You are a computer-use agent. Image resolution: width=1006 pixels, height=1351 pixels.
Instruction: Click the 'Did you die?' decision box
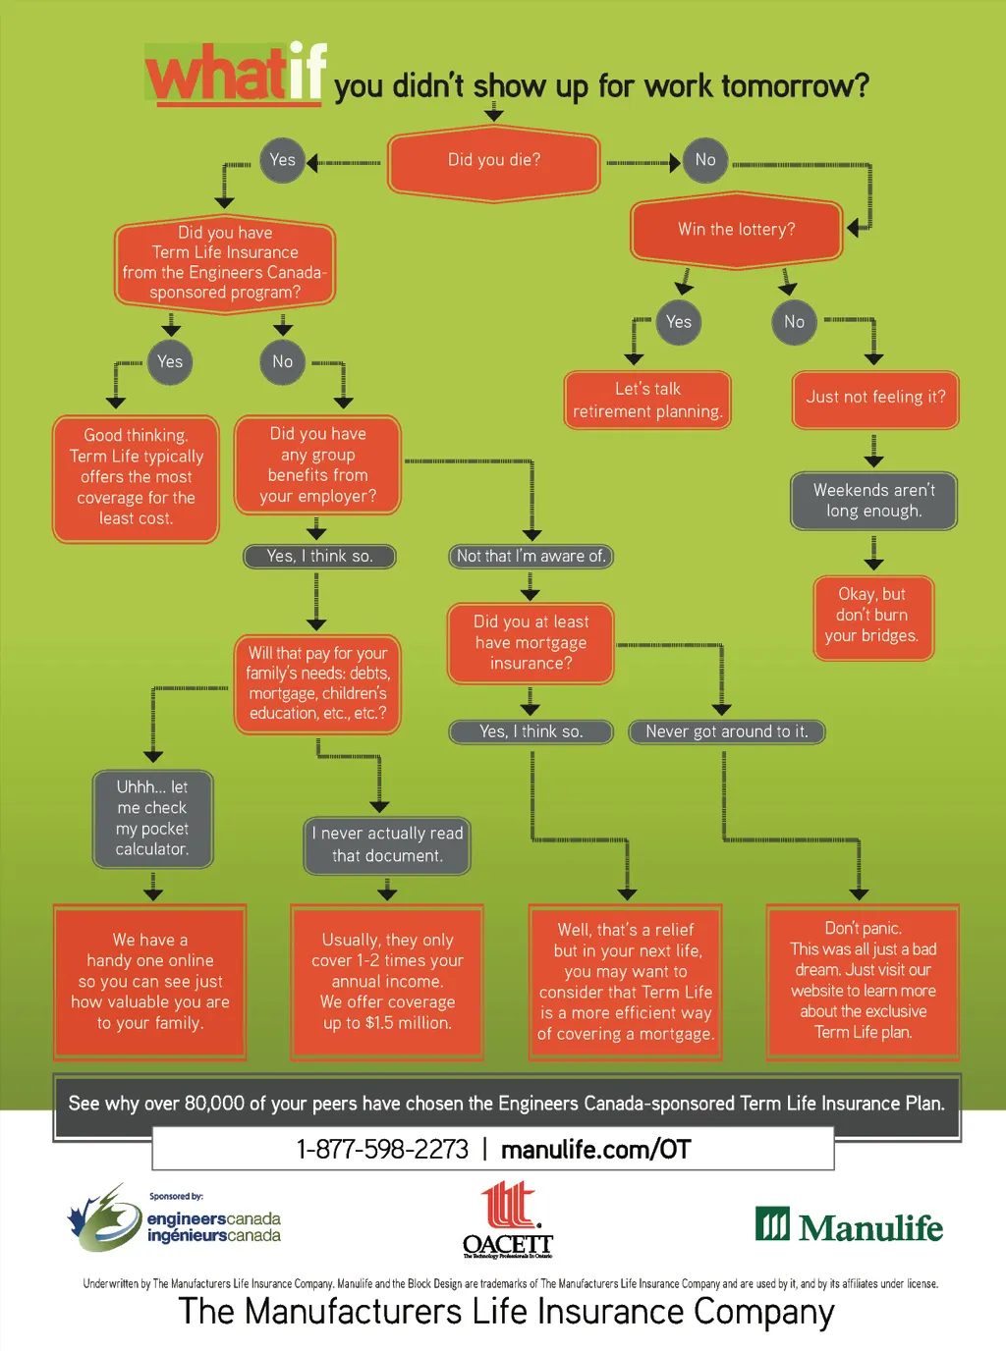(x=494, y=161)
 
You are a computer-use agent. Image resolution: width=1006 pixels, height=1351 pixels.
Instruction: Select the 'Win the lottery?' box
(x=737, y=230)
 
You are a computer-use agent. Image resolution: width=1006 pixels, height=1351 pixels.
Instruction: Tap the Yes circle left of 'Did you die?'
(x=282, y=160)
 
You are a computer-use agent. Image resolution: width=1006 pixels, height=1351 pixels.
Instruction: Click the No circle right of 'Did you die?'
(x=705, y=160)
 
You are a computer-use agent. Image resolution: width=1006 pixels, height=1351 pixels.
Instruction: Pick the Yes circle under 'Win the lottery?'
(x=679, y=322)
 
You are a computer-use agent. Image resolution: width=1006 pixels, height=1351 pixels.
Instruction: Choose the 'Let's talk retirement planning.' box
(x=647, y=401)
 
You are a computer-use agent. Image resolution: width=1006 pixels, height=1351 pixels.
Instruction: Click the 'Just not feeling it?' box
(x=875, y=398)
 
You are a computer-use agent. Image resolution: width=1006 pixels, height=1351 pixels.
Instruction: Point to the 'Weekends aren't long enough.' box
(x=874, y=501)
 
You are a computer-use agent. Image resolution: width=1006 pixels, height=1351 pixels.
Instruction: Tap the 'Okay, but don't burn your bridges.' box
(x=872, y=616)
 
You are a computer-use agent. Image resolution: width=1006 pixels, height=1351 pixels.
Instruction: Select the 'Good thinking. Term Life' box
(x=137, y=478)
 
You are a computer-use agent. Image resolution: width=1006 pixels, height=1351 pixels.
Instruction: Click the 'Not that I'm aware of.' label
(x=531, y=557)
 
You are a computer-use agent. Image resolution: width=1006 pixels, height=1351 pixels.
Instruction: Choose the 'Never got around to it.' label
(x=726, y=731)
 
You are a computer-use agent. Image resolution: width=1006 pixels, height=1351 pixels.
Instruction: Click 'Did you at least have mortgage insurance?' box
(x=531, y=643)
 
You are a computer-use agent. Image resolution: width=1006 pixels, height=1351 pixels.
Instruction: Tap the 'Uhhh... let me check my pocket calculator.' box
(x=153, y=819)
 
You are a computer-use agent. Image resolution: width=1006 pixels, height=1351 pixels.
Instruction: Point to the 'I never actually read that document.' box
(x=387, y=845)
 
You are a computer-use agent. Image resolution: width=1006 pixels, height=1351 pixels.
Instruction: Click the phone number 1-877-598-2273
(x=382, y=1150)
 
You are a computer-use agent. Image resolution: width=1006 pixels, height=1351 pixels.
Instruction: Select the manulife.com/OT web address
(x=596, y=1150)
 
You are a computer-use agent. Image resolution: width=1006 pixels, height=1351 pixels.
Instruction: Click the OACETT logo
(x=508, y=1220)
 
